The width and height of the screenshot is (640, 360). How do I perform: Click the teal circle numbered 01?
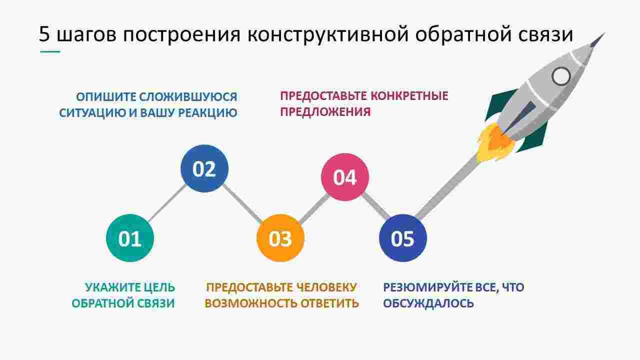pos(130,238)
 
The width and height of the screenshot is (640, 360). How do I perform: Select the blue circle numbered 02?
pos(204,168)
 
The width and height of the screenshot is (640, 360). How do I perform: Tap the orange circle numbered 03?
pos(280,238)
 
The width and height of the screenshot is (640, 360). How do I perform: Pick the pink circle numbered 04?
pos(345,177)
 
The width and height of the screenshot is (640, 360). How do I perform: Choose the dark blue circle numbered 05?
pos(403,238)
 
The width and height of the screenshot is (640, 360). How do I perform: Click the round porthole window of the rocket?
pos(561,76)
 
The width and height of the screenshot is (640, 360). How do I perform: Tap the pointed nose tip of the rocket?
pos(604,33)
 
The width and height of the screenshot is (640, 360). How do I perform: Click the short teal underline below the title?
pos(50,51)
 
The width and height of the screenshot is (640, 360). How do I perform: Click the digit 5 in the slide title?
pos(44,34)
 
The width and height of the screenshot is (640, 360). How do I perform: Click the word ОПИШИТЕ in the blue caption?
pos(105,97)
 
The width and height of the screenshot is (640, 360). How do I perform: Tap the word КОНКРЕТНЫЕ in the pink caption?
pos(409,96)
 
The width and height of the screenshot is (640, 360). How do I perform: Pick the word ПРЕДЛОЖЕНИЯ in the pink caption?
pos(325,112)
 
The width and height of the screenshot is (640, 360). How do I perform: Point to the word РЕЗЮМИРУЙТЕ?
pos(425,287)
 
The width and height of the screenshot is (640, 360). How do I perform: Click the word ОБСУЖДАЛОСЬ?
pos(428,303)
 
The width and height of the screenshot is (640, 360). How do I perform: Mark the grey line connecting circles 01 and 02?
pos(167,203)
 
